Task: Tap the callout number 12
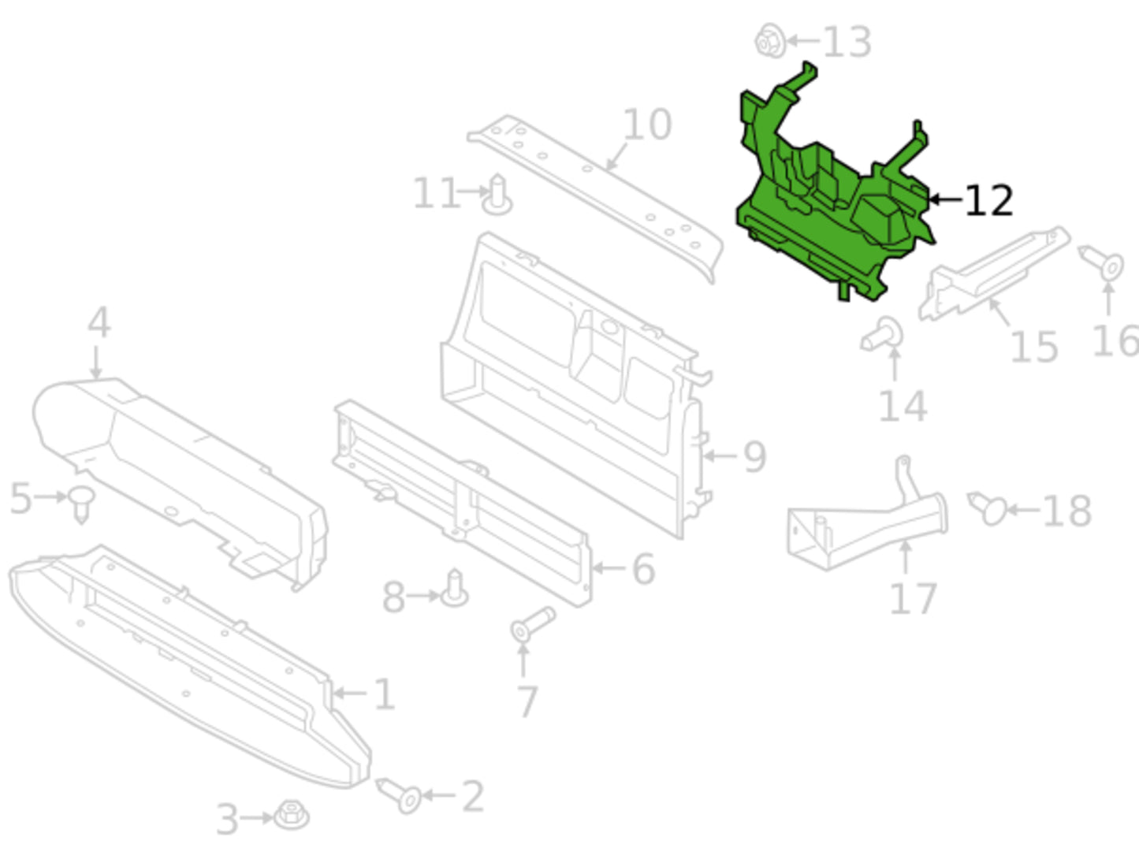pos(989,201)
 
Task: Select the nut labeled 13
pos(770,40)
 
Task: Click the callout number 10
pos(647,125)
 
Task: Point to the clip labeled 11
pos(497,195)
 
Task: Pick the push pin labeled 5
pos(81,504)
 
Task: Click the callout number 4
pos(99,323)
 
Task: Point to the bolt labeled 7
pos(533,624)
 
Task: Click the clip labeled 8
pos(455,588)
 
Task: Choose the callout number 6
pos(643,569)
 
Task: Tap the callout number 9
pos(755,456)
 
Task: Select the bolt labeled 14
pos(882,334)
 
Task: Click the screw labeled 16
pos(1101,263)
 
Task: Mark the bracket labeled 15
pos(994,274)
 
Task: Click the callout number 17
pos(913,599)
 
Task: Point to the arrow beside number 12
pos(945,199)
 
